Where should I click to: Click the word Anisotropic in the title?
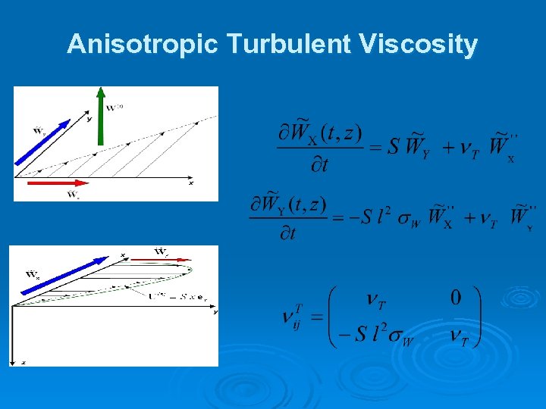[x=143, y=45]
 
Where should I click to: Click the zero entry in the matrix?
[x=455, y=298]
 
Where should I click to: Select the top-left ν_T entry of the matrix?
[x=375, y=302]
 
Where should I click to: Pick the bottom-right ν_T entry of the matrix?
[x=463, y=339]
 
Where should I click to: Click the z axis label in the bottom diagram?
[x=23, y=363]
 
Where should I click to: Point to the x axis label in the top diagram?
[x=191, y=183]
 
